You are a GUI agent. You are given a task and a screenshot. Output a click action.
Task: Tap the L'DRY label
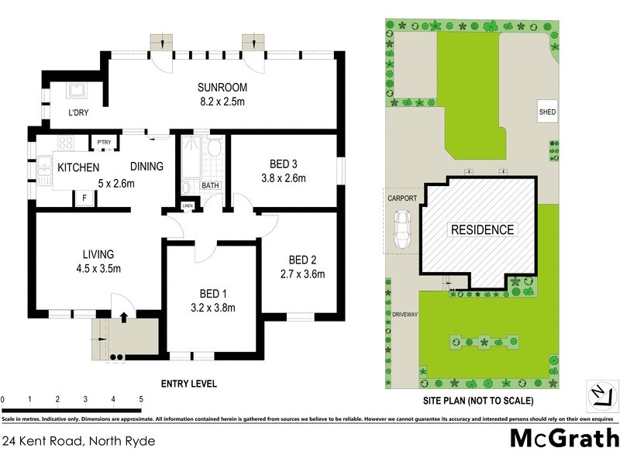[x=77, y=113]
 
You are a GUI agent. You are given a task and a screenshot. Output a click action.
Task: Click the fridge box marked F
[x=84, y=198]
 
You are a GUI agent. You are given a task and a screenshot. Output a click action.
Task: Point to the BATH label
[x=210, y=185]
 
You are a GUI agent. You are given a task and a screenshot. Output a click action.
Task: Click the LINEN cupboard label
[x=188, y=205]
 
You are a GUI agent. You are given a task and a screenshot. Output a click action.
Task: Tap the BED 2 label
[x=302, y=260]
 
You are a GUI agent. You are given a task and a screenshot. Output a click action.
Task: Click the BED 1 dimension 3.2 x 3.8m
[x=208, y=308]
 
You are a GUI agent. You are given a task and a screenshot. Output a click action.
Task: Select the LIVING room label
[x=98, y=254]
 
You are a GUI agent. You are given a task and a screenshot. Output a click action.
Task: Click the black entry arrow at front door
[x=123, y=316]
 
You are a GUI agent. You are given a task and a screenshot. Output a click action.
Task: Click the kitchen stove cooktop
[x=64, y=143]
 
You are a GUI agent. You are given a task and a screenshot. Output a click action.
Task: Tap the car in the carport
[x=402, y=230]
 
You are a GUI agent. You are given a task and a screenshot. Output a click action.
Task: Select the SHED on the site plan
[x=547, y=112]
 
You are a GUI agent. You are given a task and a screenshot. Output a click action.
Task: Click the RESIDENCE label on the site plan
[x=482, y=229]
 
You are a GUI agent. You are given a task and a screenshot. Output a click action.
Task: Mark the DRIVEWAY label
[x=405, y=315]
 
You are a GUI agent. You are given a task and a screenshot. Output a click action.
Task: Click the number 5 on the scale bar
[x=141, y=399]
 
